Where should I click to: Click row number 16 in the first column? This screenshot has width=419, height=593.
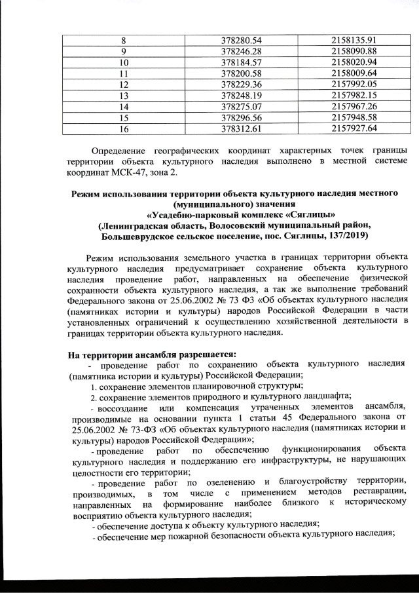pos(123,128)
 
